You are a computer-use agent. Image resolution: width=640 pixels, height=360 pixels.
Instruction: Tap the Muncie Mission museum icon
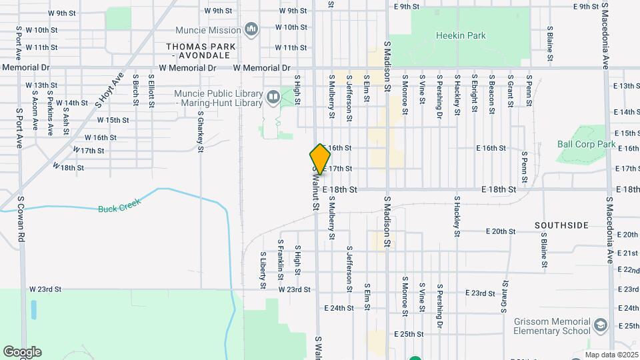click(x=251, y=29)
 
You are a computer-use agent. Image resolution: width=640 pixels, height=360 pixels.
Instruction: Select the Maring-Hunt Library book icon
click(x=273, y=98)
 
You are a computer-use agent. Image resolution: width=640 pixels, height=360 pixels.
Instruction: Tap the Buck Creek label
click(x=117, y=208)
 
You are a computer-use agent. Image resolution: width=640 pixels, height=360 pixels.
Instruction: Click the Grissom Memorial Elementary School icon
click(x=600, y=325)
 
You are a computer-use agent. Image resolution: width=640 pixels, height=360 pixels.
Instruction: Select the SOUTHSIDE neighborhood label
click(x=561, y=225)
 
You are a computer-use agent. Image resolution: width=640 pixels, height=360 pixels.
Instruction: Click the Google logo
click(x=22, y=352)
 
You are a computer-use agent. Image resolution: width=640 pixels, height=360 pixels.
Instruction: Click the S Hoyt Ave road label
click(x=110, y=91)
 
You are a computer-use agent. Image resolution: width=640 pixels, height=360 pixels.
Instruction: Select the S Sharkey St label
click(x=200, y=131)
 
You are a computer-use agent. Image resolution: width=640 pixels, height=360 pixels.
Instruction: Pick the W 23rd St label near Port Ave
click(x=45, y=289)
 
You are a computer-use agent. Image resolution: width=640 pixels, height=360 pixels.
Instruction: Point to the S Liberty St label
click(x=263, y=270)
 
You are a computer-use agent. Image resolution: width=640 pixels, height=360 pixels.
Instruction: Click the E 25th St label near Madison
click(x=409, y=333)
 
